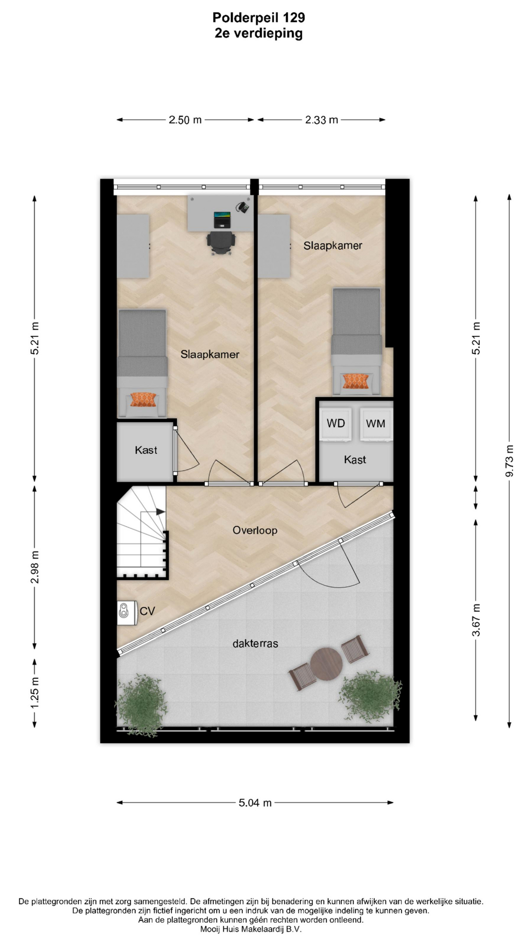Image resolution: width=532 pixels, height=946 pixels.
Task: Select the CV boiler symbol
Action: pos(127,613)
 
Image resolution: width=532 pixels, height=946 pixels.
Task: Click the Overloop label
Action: pos(255,530)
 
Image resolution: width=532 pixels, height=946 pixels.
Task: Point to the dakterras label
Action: pos(255,643)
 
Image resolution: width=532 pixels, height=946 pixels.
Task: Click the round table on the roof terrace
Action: pos(326,664)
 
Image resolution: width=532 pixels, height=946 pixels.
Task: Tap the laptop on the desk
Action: pos(222,219)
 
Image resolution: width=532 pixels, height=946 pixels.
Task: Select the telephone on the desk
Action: pos(242,207)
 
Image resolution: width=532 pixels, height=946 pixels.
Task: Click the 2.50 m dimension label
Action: pos(185,120)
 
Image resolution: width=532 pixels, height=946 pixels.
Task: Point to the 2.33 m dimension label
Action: pos(322,120)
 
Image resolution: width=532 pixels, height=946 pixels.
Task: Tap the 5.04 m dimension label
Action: pos(255,803)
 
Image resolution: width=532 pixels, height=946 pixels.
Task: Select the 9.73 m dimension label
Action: pos(510,460)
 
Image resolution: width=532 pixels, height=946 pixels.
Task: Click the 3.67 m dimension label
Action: pos(476,619)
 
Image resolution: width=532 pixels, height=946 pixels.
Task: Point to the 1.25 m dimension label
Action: pos(35,693)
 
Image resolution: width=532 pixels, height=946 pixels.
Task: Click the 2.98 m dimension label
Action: pos(35,567)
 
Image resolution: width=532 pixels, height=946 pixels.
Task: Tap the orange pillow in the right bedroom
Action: pos(356,381)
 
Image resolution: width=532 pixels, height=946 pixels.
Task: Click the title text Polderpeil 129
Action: pos(259,18)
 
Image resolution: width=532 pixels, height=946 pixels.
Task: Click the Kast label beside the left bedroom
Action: pos(146,450)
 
